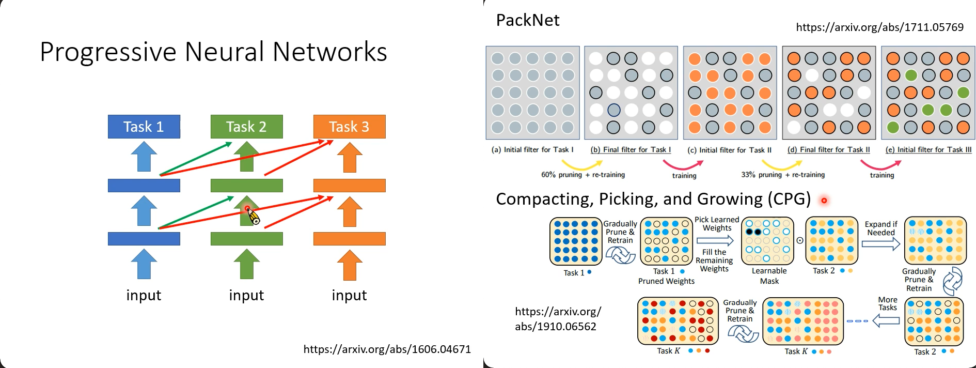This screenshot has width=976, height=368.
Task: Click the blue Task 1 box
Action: coord(144,127)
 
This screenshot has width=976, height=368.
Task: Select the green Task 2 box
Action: coord(246,127)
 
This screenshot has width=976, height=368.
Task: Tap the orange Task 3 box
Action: coord(349,127)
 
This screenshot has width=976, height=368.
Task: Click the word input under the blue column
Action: coord(144,295)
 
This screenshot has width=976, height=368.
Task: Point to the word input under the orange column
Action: coord(349,295)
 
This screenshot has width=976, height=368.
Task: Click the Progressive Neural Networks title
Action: coord(213,52)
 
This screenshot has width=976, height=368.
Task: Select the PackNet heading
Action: coord(527,20)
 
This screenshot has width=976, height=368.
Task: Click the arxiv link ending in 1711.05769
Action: coord(879,27)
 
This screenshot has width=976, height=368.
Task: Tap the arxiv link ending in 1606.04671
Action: coord(387,349)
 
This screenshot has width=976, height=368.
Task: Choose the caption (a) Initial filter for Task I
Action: coord(532,150)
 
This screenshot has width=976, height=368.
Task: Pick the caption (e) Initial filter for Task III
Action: coord(928,150)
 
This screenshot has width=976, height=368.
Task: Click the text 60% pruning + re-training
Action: coord(583,175)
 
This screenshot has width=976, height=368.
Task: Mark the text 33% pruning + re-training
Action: coord(782,175)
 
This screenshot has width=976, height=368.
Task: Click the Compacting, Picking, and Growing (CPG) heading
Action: coord(653,199)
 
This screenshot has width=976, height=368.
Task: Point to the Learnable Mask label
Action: coord(769,276)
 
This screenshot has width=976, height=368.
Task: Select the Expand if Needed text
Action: coord(881,228)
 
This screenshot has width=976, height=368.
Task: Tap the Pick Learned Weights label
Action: coord(717,224)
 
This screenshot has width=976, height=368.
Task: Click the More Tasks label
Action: coord(887,303)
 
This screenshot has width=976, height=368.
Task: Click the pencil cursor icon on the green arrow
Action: coord(253,216)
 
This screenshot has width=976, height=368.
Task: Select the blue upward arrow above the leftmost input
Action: coord(144,264)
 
